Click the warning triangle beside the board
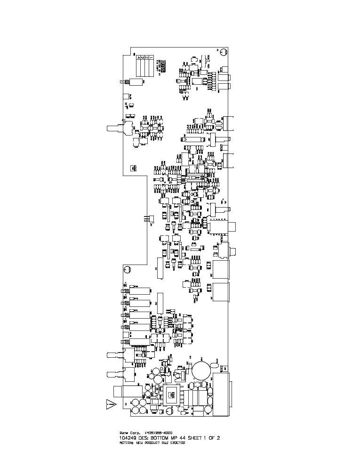111,404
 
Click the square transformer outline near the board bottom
170,395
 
